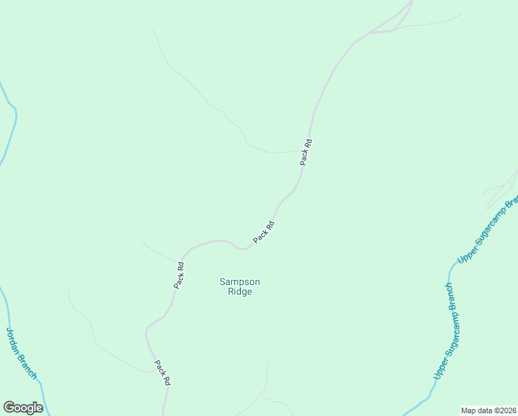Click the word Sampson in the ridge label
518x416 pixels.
240,281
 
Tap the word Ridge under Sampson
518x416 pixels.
240,292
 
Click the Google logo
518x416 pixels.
23,408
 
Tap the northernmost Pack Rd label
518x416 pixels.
306,153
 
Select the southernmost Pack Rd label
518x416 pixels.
163,373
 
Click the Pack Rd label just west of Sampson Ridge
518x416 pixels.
179,275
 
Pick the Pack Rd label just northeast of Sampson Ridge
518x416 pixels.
264,232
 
